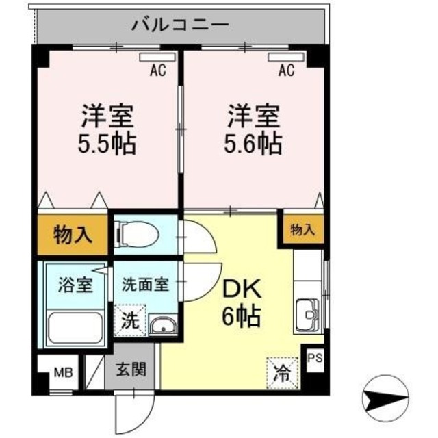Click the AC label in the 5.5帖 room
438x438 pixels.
pyautogui.click(x=158, y=70)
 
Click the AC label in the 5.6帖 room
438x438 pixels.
pyautogui.click(x=287, y=70)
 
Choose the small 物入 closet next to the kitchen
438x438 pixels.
pyautogui.click(x=302, y=230)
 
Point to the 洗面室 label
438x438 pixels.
pyautogui.click(x=145, y=284)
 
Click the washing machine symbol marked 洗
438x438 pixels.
pyautogui.click(x=129, y=319)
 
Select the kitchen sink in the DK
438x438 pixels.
pyautogui.click(x=309, y=315)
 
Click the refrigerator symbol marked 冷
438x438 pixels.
pyautogui.click(x=282, y=373)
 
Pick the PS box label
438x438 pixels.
pyautogui.click(x=315, y=357)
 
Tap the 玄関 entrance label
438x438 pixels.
pyautogui.click(x=130, y=370)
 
